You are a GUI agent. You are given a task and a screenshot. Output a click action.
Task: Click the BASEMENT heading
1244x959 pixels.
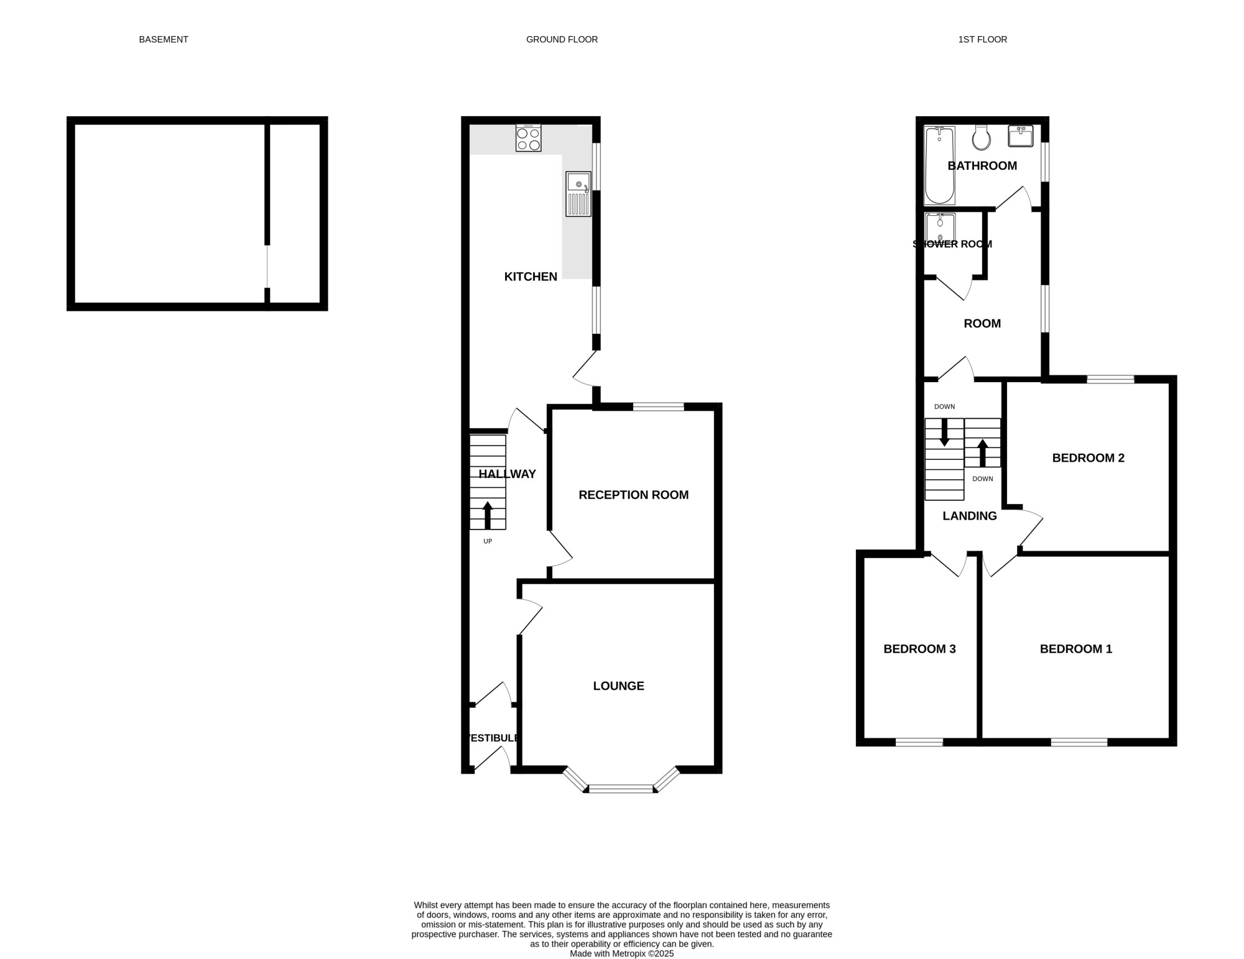[x=163, y=39]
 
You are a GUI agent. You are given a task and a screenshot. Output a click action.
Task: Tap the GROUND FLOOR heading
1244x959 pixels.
[x=562, y=39]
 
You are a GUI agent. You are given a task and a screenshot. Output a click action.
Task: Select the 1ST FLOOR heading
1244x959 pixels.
[x=982, y=39]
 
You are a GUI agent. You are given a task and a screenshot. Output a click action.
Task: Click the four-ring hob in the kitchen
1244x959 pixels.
[x=528, y=137]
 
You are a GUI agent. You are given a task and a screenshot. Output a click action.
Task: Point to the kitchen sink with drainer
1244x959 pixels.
[x=578, y=194]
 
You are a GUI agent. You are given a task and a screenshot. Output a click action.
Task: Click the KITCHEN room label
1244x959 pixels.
[x=531, y=277]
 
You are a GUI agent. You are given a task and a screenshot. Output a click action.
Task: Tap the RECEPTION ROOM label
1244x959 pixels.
[x=633, y=495]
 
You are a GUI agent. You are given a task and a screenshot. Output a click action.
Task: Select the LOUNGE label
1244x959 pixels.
[x=618, y=686]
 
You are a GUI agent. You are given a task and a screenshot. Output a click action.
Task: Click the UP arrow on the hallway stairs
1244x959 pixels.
[x=487, y=515]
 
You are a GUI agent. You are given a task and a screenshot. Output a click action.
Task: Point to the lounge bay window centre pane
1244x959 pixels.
[x=621, y=789]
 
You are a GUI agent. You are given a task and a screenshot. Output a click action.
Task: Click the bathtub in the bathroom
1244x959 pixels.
[x=939, y=165]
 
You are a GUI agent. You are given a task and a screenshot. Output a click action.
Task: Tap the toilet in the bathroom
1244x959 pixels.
[x=982, y=137]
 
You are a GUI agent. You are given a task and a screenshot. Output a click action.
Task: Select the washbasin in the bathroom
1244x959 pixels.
[x=1021, y=136]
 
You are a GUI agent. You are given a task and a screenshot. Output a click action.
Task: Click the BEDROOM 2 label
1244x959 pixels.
[x=1088, y=458]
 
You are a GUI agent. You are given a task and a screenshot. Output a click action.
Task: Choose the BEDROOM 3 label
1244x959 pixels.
[x=919, y=649]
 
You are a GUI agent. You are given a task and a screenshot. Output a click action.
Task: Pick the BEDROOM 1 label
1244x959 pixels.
[x=1075, y=649]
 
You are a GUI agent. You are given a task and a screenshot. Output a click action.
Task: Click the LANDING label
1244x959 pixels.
[x=970, y=516]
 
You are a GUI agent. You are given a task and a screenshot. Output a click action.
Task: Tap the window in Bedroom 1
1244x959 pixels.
[x=1079, y=741]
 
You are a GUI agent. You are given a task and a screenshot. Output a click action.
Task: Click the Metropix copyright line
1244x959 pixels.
[x=621, y=953]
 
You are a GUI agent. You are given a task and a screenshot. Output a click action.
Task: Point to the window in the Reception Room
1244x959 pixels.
[x=658, y=407]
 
